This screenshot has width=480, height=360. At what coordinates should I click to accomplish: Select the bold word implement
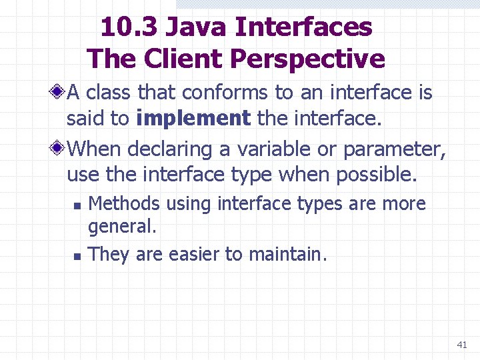click(x=193, y=119)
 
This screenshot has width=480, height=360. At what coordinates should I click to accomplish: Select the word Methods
click(x=124, y=203)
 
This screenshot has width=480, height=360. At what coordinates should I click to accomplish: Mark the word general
click(x=122, y=227)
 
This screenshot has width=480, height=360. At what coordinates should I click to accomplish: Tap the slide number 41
click(x=461, y=345)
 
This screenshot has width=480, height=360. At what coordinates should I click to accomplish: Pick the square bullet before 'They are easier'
click(x=77, y=255)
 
